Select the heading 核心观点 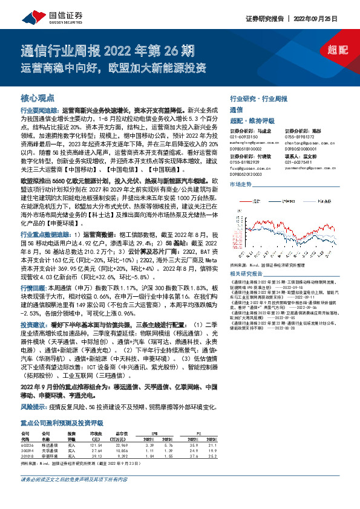click(38, 98)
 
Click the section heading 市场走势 click(241, 183)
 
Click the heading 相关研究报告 click(247, 274)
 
